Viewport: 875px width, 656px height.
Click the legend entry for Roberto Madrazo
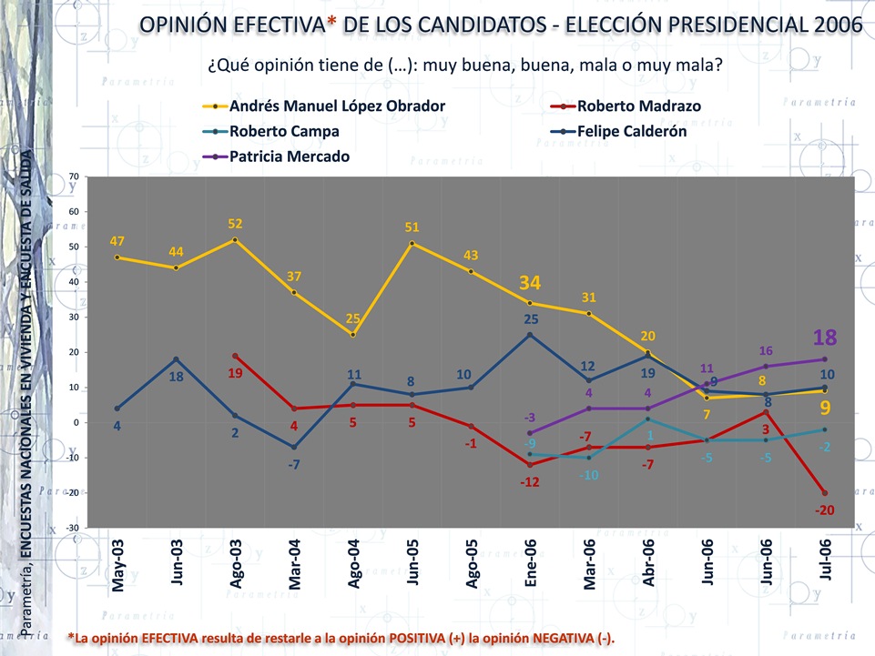tap(638, 106)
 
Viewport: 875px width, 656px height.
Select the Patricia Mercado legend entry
tap(289, 156)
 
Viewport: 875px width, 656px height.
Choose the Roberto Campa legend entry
tap(283, 131)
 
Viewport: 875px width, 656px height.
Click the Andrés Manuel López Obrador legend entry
tap(337, 106)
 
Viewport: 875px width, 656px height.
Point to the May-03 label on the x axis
tap(118, 565)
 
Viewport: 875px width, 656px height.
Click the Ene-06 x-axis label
tap(531, 565)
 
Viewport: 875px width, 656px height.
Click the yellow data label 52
tap(235, 224)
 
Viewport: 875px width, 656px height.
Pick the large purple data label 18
tap(826, 338)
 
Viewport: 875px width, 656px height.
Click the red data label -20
tap(824, 510)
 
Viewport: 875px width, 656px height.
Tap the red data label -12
tap(530, 481)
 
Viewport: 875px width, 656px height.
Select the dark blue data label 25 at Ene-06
tap(531, 319)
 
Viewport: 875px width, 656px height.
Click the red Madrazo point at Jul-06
tap(824, 493)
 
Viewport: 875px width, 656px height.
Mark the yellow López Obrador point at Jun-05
tap(412, 243)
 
